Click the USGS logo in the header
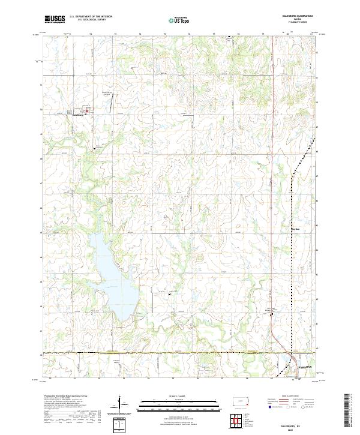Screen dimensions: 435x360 (55, 19)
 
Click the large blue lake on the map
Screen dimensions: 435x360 (111, 273)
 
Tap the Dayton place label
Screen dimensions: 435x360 (294, 229)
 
